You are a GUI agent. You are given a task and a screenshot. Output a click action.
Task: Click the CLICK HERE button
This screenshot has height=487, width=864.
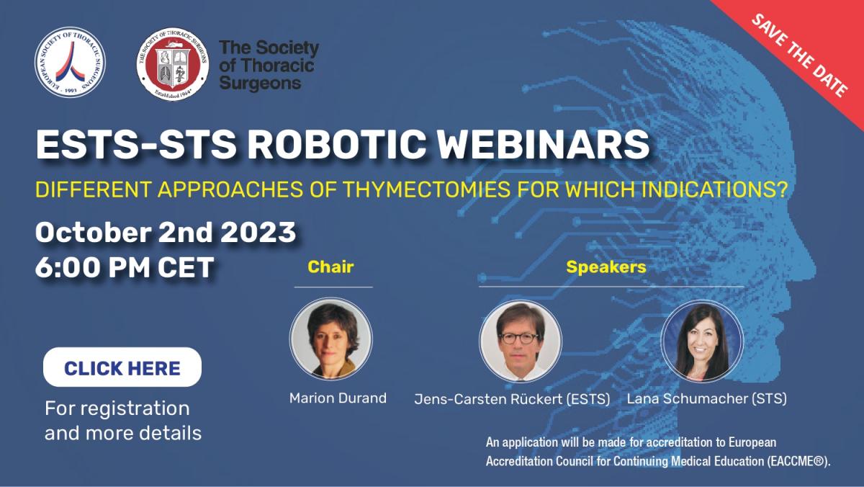click(122, 368)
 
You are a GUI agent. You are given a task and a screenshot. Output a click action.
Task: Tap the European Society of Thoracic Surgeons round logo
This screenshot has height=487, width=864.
click(70, 62)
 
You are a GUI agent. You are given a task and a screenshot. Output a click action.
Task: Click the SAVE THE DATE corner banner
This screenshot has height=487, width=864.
click(800, 54)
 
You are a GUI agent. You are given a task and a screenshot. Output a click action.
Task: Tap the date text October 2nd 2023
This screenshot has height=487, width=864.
click(166, 233)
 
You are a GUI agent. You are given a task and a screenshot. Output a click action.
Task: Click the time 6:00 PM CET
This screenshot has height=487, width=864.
click(125, 267)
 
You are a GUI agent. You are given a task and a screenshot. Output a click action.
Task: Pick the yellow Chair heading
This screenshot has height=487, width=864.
click(330, 267)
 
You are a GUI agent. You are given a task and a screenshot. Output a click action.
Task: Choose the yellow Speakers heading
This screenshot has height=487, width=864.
click(606, 267)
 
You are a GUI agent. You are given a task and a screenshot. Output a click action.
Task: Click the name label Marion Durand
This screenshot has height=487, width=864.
click(338, 398)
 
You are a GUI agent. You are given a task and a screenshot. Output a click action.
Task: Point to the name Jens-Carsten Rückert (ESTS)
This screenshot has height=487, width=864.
click(513, 398)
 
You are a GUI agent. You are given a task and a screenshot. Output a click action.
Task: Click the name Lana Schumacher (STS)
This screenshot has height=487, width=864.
click(707, 398)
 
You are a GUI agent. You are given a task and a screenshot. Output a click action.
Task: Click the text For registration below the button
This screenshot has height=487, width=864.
click(117, 408)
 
